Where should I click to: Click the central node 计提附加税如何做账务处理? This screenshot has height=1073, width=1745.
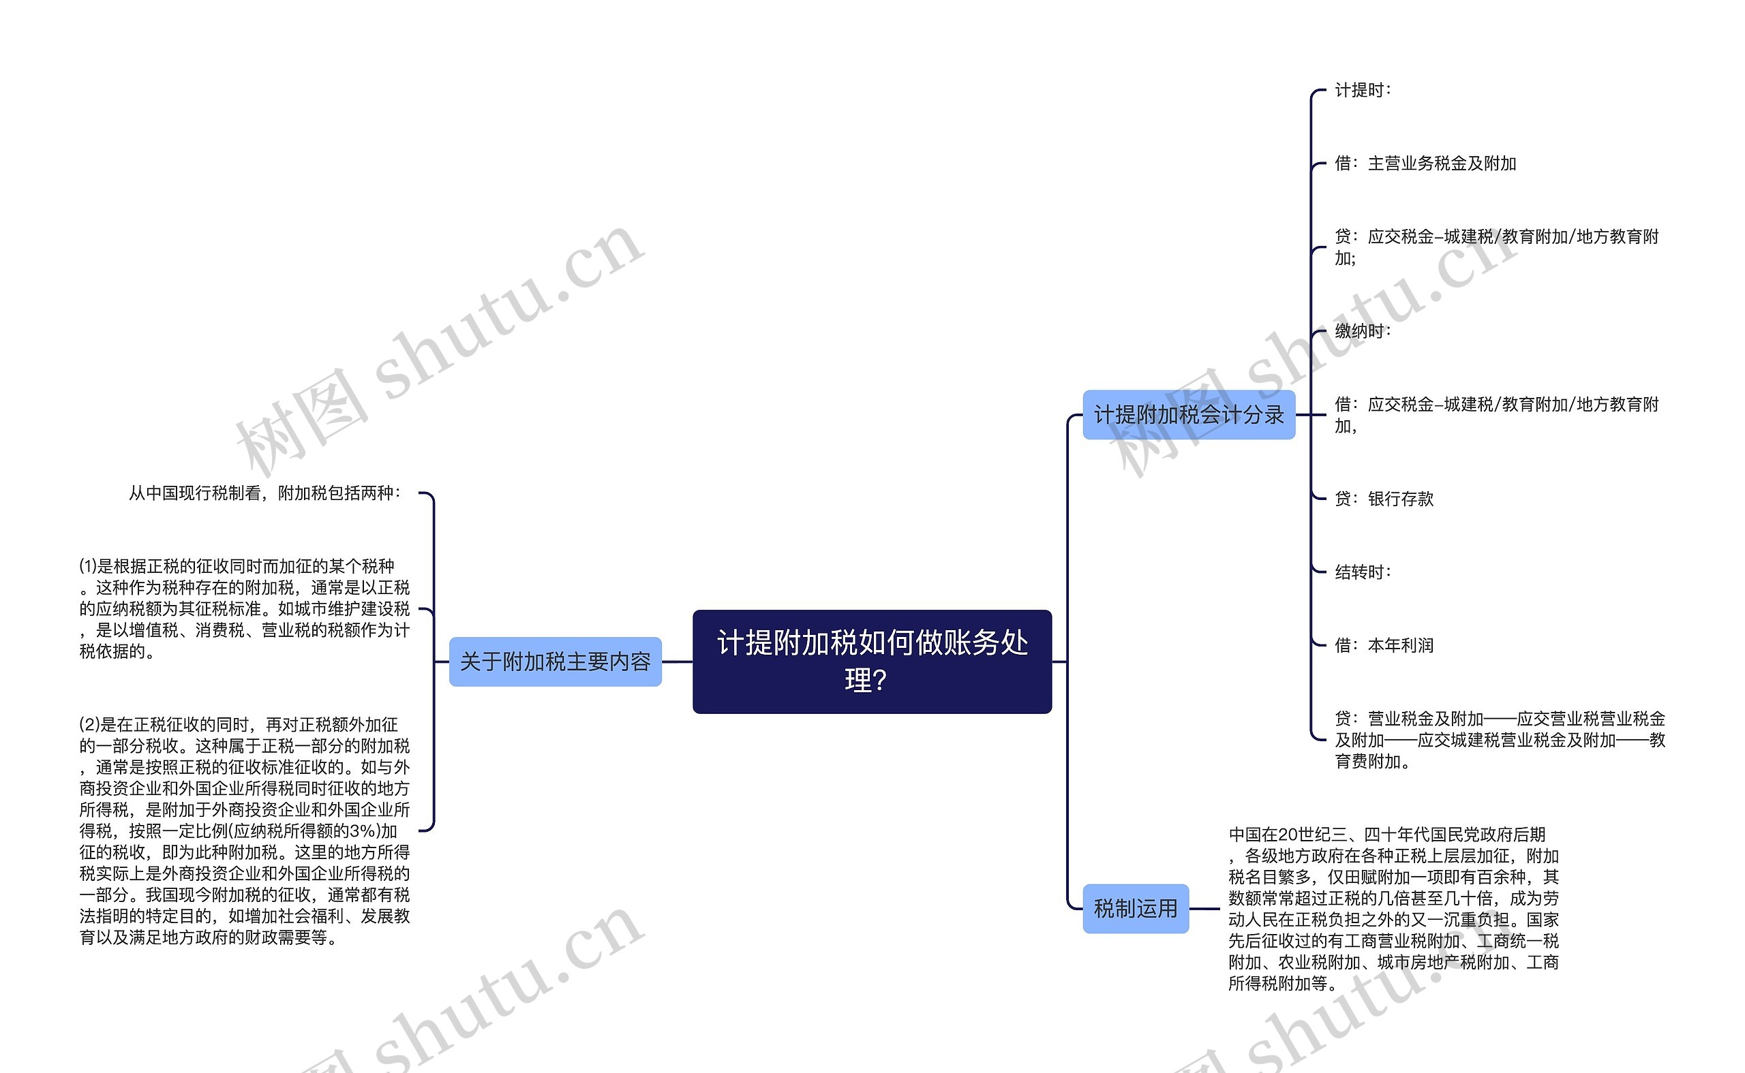[x=872, y=661]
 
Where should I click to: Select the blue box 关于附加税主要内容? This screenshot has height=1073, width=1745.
[x=555, y=662]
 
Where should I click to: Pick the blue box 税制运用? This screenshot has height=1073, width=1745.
[x=1135, y=908]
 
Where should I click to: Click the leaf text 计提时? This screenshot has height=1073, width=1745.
[x=1363, y=90]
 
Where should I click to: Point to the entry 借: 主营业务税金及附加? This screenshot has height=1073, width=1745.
[x=1425, y=164]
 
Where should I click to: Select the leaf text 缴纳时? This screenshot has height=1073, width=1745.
[x=1363, y=330]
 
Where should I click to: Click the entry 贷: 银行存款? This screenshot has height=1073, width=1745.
[x=1384, y=499]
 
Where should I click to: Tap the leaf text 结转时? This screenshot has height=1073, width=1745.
[x=1363, y=572]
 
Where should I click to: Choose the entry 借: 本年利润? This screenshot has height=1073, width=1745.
[x=1384, y=645]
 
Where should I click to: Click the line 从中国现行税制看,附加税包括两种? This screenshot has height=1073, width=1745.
[x=264, y=493]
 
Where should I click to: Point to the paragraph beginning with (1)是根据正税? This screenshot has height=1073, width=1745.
[x=244, y=609]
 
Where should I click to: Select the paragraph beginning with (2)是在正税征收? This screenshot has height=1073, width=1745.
[x=244, y=830]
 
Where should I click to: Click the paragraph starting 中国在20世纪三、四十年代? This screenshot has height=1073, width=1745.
[x=1393, y=908]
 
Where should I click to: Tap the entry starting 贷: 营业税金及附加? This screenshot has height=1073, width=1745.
[x=1500, y=740]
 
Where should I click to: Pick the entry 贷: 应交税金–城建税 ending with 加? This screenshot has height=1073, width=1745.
[x=1496, y=247]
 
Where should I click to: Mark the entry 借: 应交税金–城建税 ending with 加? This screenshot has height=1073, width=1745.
[x=1496, y=414]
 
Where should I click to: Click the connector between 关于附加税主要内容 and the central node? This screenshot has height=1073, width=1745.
[x=678, y=662]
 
